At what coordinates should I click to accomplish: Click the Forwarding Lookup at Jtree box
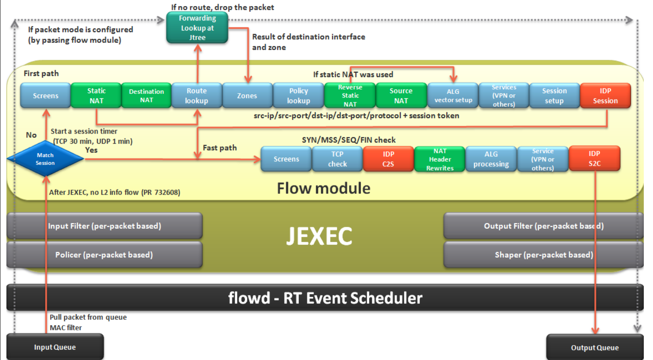197,28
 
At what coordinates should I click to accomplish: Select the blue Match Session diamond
45,159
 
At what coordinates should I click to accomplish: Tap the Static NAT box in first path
96,96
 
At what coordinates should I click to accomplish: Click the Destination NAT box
146,96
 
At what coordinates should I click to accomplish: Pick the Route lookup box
197,96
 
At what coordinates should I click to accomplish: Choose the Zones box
247,96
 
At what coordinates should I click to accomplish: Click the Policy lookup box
298,96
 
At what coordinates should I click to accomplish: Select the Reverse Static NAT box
350,96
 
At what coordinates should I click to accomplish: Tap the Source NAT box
401,96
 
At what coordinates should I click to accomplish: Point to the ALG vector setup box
453,96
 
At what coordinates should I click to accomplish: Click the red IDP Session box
605,96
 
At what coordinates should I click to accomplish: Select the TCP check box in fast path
337,159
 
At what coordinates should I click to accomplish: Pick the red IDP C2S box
388,159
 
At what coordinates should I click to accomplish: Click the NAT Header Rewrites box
440,159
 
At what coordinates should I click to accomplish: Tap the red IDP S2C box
594,159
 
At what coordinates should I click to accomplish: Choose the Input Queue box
55,347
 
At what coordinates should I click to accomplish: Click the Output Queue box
594,347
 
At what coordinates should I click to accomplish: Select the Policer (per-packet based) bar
104,254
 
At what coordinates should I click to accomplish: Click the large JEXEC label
319,236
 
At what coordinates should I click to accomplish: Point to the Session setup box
554,96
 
